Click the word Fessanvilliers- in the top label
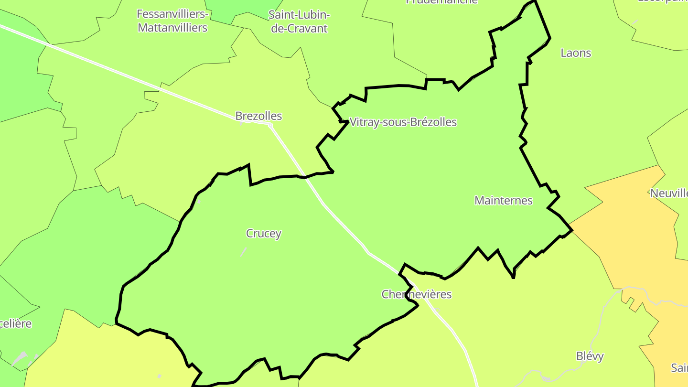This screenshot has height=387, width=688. click(172, 14)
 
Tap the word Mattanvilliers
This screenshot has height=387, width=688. click(172, 28)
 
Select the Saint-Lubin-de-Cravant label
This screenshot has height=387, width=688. click(299, 21)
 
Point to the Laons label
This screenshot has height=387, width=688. click(576, 53)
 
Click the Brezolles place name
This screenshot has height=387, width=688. click(258, 116)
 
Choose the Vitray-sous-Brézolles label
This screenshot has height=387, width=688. click(403, 122)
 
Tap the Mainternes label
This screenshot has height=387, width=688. click(503, 201)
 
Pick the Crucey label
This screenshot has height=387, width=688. click(263, 234)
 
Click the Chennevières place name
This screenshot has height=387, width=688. click(416, 294)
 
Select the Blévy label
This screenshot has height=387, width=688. click(590, 356)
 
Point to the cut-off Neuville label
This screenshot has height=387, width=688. click(669, 193)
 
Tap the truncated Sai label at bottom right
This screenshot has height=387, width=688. click(679, 368)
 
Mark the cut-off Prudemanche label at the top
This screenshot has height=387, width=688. click(441, 1)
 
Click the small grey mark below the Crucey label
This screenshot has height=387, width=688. click(244, 251)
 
